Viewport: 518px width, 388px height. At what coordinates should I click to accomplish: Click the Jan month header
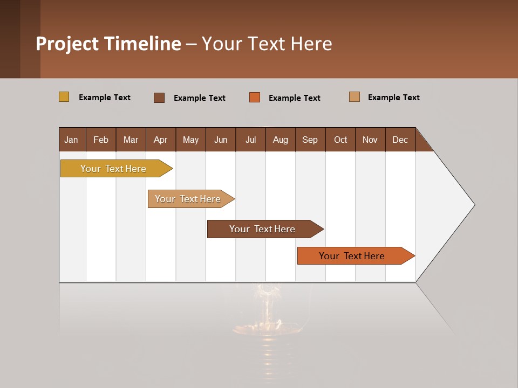click(x=72, y=140)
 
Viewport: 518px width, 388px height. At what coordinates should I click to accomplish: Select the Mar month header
click(x=131, y=140)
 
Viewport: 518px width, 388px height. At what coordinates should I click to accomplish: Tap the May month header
click(x=190, y=140)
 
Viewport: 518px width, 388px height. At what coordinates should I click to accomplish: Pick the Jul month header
click(x=250, y=140)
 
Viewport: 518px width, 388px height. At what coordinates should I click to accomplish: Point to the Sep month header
click(x=310, y=140)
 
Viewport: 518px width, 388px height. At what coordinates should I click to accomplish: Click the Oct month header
click(x=340, y=140)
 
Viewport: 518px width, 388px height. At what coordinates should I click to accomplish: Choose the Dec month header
click(x=400, y=140)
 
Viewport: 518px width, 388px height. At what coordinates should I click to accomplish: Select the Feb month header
click(x=101, y=140)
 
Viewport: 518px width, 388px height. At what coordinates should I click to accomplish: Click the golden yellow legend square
click(x=64, y=97)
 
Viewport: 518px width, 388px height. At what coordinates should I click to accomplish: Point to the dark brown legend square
click(x=159, y=98)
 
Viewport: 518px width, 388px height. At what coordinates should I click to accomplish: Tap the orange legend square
click(x=255, y=98)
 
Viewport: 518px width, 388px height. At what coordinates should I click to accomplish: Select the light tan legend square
click(x=355, y=97)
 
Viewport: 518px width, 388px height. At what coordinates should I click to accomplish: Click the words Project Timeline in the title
click(x=108, y=44)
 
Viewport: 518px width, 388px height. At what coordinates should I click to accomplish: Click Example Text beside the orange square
click(x=294, y=98)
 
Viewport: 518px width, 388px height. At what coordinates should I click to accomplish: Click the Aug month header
click(x=280, y=140)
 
